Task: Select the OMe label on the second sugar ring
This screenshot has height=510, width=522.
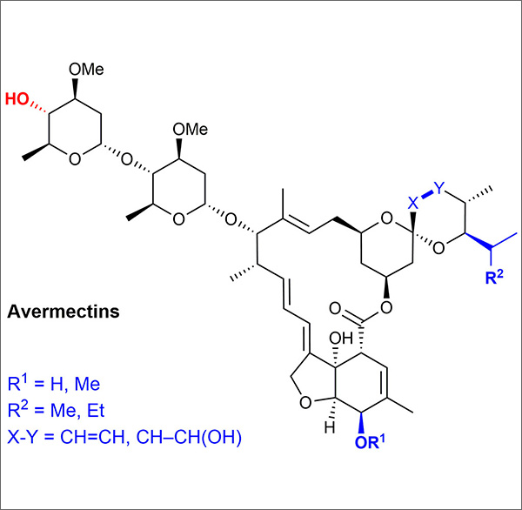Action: [191, 129]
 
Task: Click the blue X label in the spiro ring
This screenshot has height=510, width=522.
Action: [414, 202]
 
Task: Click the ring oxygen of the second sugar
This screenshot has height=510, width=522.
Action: [177, 218]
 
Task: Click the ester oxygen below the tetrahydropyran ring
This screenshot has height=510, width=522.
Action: [389, 307]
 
